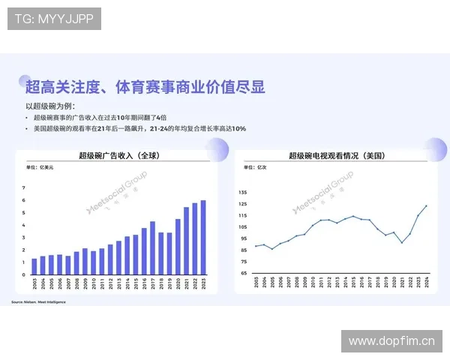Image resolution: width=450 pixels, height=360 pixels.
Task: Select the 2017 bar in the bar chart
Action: click(x=152, y=248)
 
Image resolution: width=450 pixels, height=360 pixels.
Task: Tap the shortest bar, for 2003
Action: click(x=34, y=267)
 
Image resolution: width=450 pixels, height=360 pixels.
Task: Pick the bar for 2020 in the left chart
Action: click(x=178, y=247)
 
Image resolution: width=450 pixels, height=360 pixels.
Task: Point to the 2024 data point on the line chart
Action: click(x=427, y=205)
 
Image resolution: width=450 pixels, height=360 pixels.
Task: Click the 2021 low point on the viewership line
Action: click(x=401, y=242)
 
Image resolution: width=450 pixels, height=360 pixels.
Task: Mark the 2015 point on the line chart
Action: click(x=353, y=216)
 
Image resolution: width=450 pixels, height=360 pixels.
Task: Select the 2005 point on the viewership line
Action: click(x=272, y=248)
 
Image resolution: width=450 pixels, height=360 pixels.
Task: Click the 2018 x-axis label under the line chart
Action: click(x=377, y=284)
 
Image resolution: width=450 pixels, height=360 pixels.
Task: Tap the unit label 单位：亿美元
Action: click(x=34, y=170)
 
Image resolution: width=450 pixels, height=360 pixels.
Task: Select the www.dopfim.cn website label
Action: click(x=391, y=341)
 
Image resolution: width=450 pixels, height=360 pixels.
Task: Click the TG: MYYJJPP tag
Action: click(x=54, y=18)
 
